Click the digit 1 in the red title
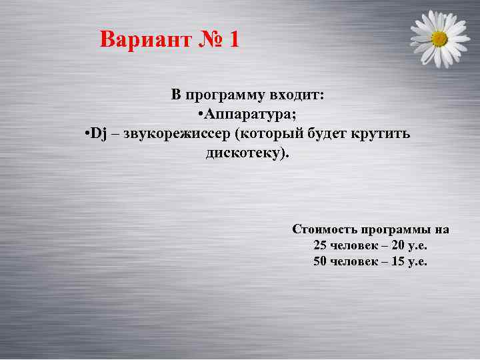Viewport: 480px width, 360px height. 233,40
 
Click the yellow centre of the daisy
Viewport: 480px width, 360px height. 439,38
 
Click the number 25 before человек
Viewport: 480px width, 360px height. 320,245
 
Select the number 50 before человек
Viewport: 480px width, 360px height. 320,261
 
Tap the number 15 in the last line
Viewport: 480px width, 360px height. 398,261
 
